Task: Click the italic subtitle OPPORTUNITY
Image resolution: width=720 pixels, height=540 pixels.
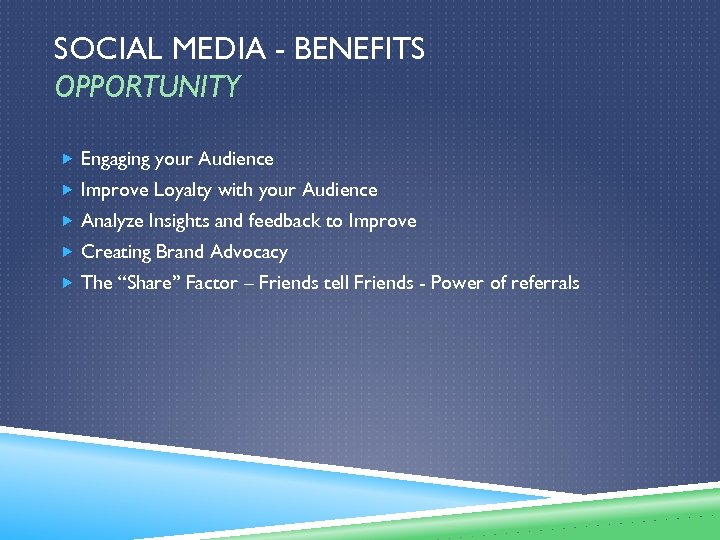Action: [x=148, y=88]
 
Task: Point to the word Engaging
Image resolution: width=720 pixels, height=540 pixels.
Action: [x=115, y=159]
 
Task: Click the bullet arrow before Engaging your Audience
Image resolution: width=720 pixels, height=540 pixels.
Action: [x=66, y=159]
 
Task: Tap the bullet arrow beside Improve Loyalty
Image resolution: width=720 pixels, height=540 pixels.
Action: [x=66, y=190]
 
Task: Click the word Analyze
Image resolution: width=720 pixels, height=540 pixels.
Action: [x=112, y=221]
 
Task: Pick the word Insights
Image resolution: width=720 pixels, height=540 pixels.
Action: [x=179, y=221]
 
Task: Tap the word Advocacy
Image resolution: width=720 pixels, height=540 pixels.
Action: [x=249, y=252]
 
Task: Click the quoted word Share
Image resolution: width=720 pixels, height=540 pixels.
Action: [x=150, y=283]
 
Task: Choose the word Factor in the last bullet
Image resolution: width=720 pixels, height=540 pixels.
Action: [x=212, y=283]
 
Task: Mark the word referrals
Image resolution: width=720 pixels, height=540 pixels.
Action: [x=546, y=283]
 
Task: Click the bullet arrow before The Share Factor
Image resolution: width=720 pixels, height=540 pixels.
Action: [x=66, y=283]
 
